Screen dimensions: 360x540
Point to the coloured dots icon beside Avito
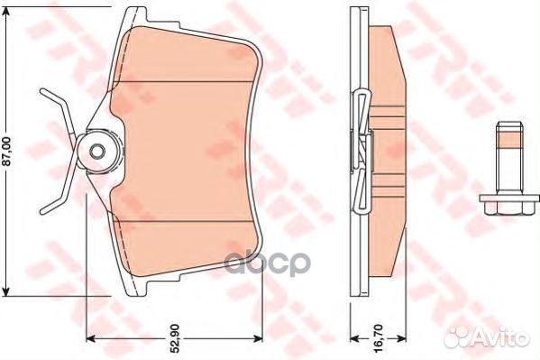pyautogui.click(x=454, y=337)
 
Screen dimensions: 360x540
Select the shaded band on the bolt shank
pyautogui.click(x=506, y=141)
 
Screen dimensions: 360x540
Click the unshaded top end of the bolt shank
pyautogui.click(x=506, y=126)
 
